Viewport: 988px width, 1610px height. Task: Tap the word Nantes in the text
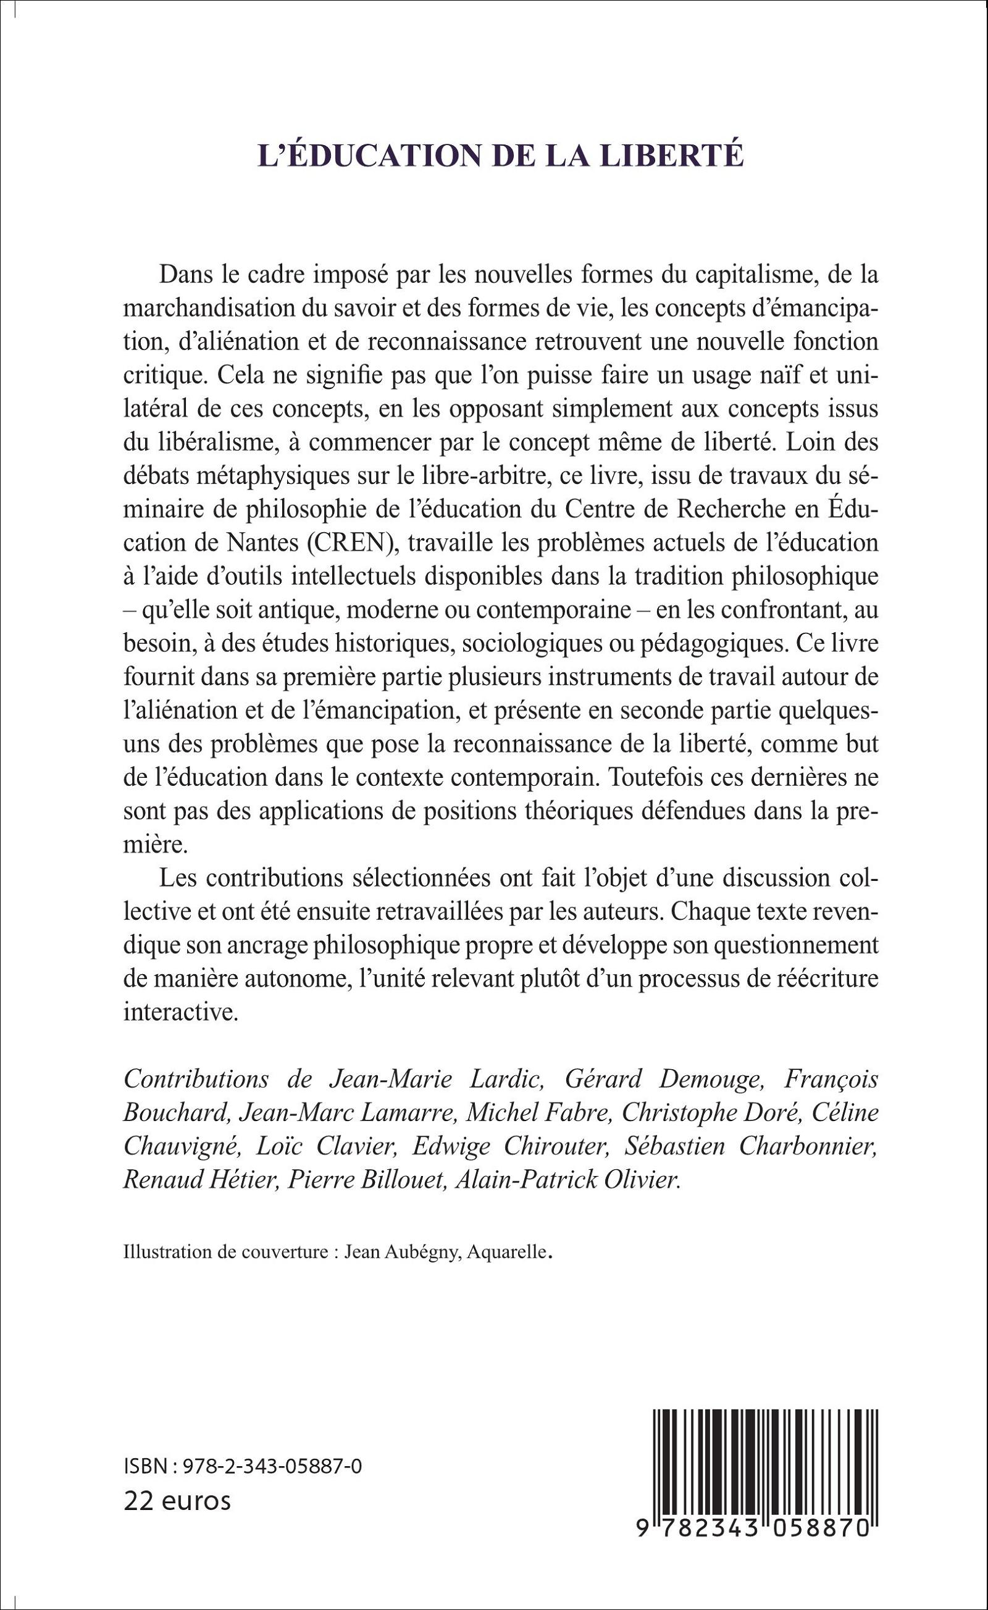pos(251,543)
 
